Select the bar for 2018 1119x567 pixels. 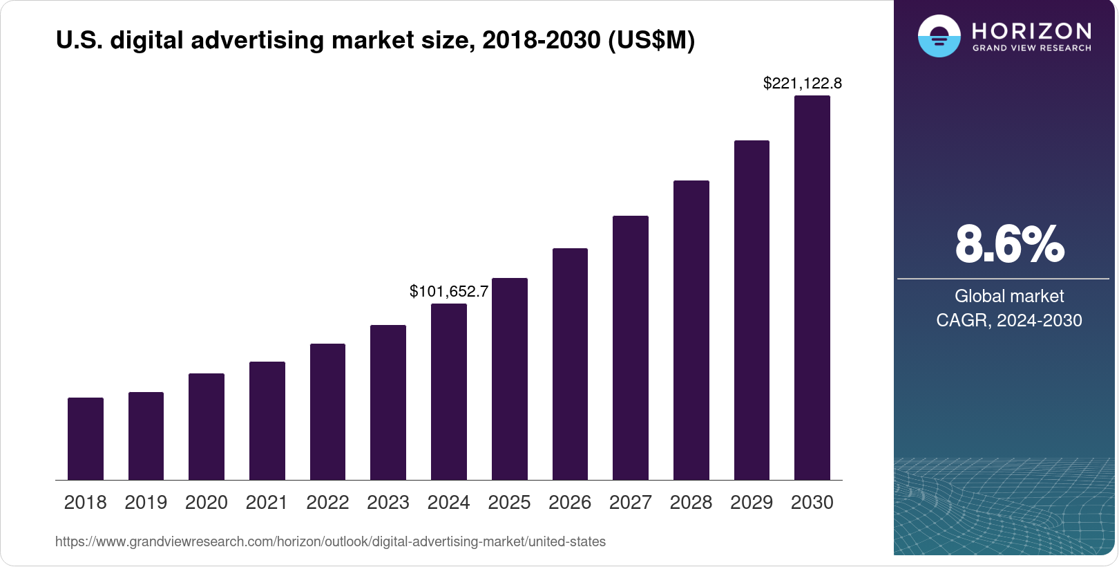point(86,438)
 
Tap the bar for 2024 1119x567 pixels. point(449,391)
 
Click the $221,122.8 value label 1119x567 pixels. point(803,84)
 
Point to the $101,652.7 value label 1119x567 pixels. point(449,292)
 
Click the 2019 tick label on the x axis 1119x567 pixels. point(146,503)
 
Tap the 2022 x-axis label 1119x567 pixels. point(327,503)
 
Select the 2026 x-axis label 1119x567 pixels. point(570,503)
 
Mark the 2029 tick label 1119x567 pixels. point(752,503)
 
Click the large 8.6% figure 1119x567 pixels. point(1009,244)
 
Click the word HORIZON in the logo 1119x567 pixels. point(1032,31)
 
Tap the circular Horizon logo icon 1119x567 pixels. point(939,36)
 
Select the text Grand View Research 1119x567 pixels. point(1032,48)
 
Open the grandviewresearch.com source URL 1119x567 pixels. point(330,542)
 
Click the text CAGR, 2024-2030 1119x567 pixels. point(1009,321)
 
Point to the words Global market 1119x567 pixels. point(1009,297)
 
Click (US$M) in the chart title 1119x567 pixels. point(651,41)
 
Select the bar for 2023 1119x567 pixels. point(388,402)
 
